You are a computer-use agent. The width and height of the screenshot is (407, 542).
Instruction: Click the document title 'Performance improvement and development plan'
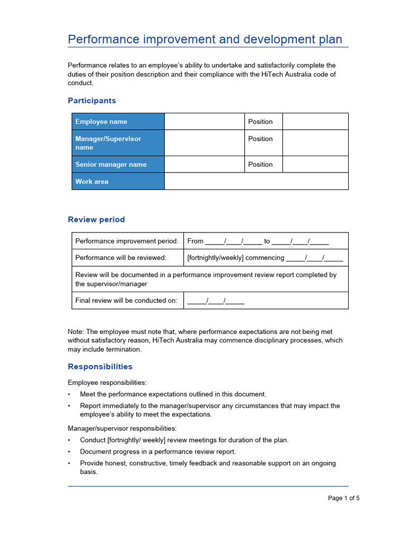click(205, 39)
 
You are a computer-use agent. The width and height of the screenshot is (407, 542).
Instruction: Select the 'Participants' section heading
click(92, 101)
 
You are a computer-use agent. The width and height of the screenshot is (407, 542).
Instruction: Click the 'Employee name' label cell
click(118, 122)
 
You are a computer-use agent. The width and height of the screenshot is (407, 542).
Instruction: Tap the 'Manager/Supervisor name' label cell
click(118, 143)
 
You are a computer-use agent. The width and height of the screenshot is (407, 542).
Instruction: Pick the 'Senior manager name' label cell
click(118, 165)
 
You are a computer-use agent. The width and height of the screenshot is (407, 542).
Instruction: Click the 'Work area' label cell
click(118, 182)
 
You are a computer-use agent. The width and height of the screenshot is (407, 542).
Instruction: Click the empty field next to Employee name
click(204, 122)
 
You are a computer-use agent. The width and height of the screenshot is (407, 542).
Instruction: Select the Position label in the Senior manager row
click(260, 165)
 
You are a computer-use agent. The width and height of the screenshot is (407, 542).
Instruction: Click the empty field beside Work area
click(256, 182)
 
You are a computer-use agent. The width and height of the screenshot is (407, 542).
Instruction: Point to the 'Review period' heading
click(96, 220)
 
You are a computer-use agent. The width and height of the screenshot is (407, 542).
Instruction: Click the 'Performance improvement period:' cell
click(127, 241)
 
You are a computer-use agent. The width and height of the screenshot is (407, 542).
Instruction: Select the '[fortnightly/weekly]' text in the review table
click(215, 258)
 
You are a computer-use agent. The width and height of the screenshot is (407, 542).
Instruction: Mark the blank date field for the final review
click(216, 301)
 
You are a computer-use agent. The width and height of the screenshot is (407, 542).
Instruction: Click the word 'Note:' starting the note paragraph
click(76, 332)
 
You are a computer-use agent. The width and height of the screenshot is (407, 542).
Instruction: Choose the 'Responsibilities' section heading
click(100, 367)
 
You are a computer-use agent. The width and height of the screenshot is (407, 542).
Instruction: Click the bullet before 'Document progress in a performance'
click(69, 452)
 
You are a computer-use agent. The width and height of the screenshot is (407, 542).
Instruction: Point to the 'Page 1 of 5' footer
click(343, 498)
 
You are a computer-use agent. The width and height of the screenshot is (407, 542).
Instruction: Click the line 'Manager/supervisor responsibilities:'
click(122, 428)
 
